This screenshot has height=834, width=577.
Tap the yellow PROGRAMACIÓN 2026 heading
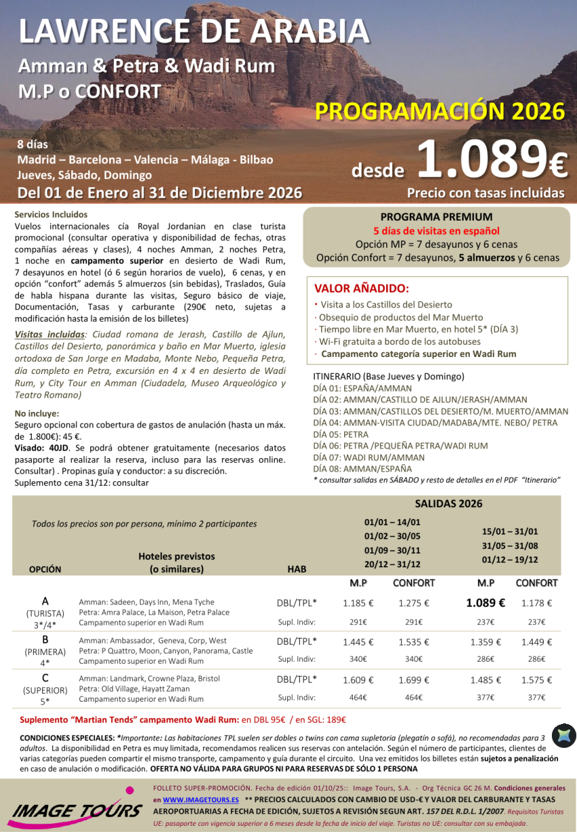(x=440, y=111)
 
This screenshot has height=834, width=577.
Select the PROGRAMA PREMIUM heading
(x=437, y=217)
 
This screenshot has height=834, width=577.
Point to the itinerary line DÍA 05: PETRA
(x=341, y=434)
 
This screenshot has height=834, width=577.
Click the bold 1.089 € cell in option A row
(x=485, y=603)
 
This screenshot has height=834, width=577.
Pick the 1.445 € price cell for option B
(x=358, y=641)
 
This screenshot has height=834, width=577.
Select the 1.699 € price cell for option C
(x=414, y=680)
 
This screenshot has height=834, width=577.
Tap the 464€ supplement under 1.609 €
(x=358, y=698)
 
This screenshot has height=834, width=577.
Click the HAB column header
(x=297, y=569)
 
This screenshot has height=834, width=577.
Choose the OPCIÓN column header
(x=45, y=569)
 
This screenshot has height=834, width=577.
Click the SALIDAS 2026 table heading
(x=439, y=504)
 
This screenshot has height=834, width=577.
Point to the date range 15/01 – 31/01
(x=509, y=531)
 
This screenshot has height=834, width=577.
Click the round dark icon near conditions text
(x=563, y=736)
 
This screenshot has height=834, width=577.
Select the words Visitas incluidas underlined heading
(x=50, y=334)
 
